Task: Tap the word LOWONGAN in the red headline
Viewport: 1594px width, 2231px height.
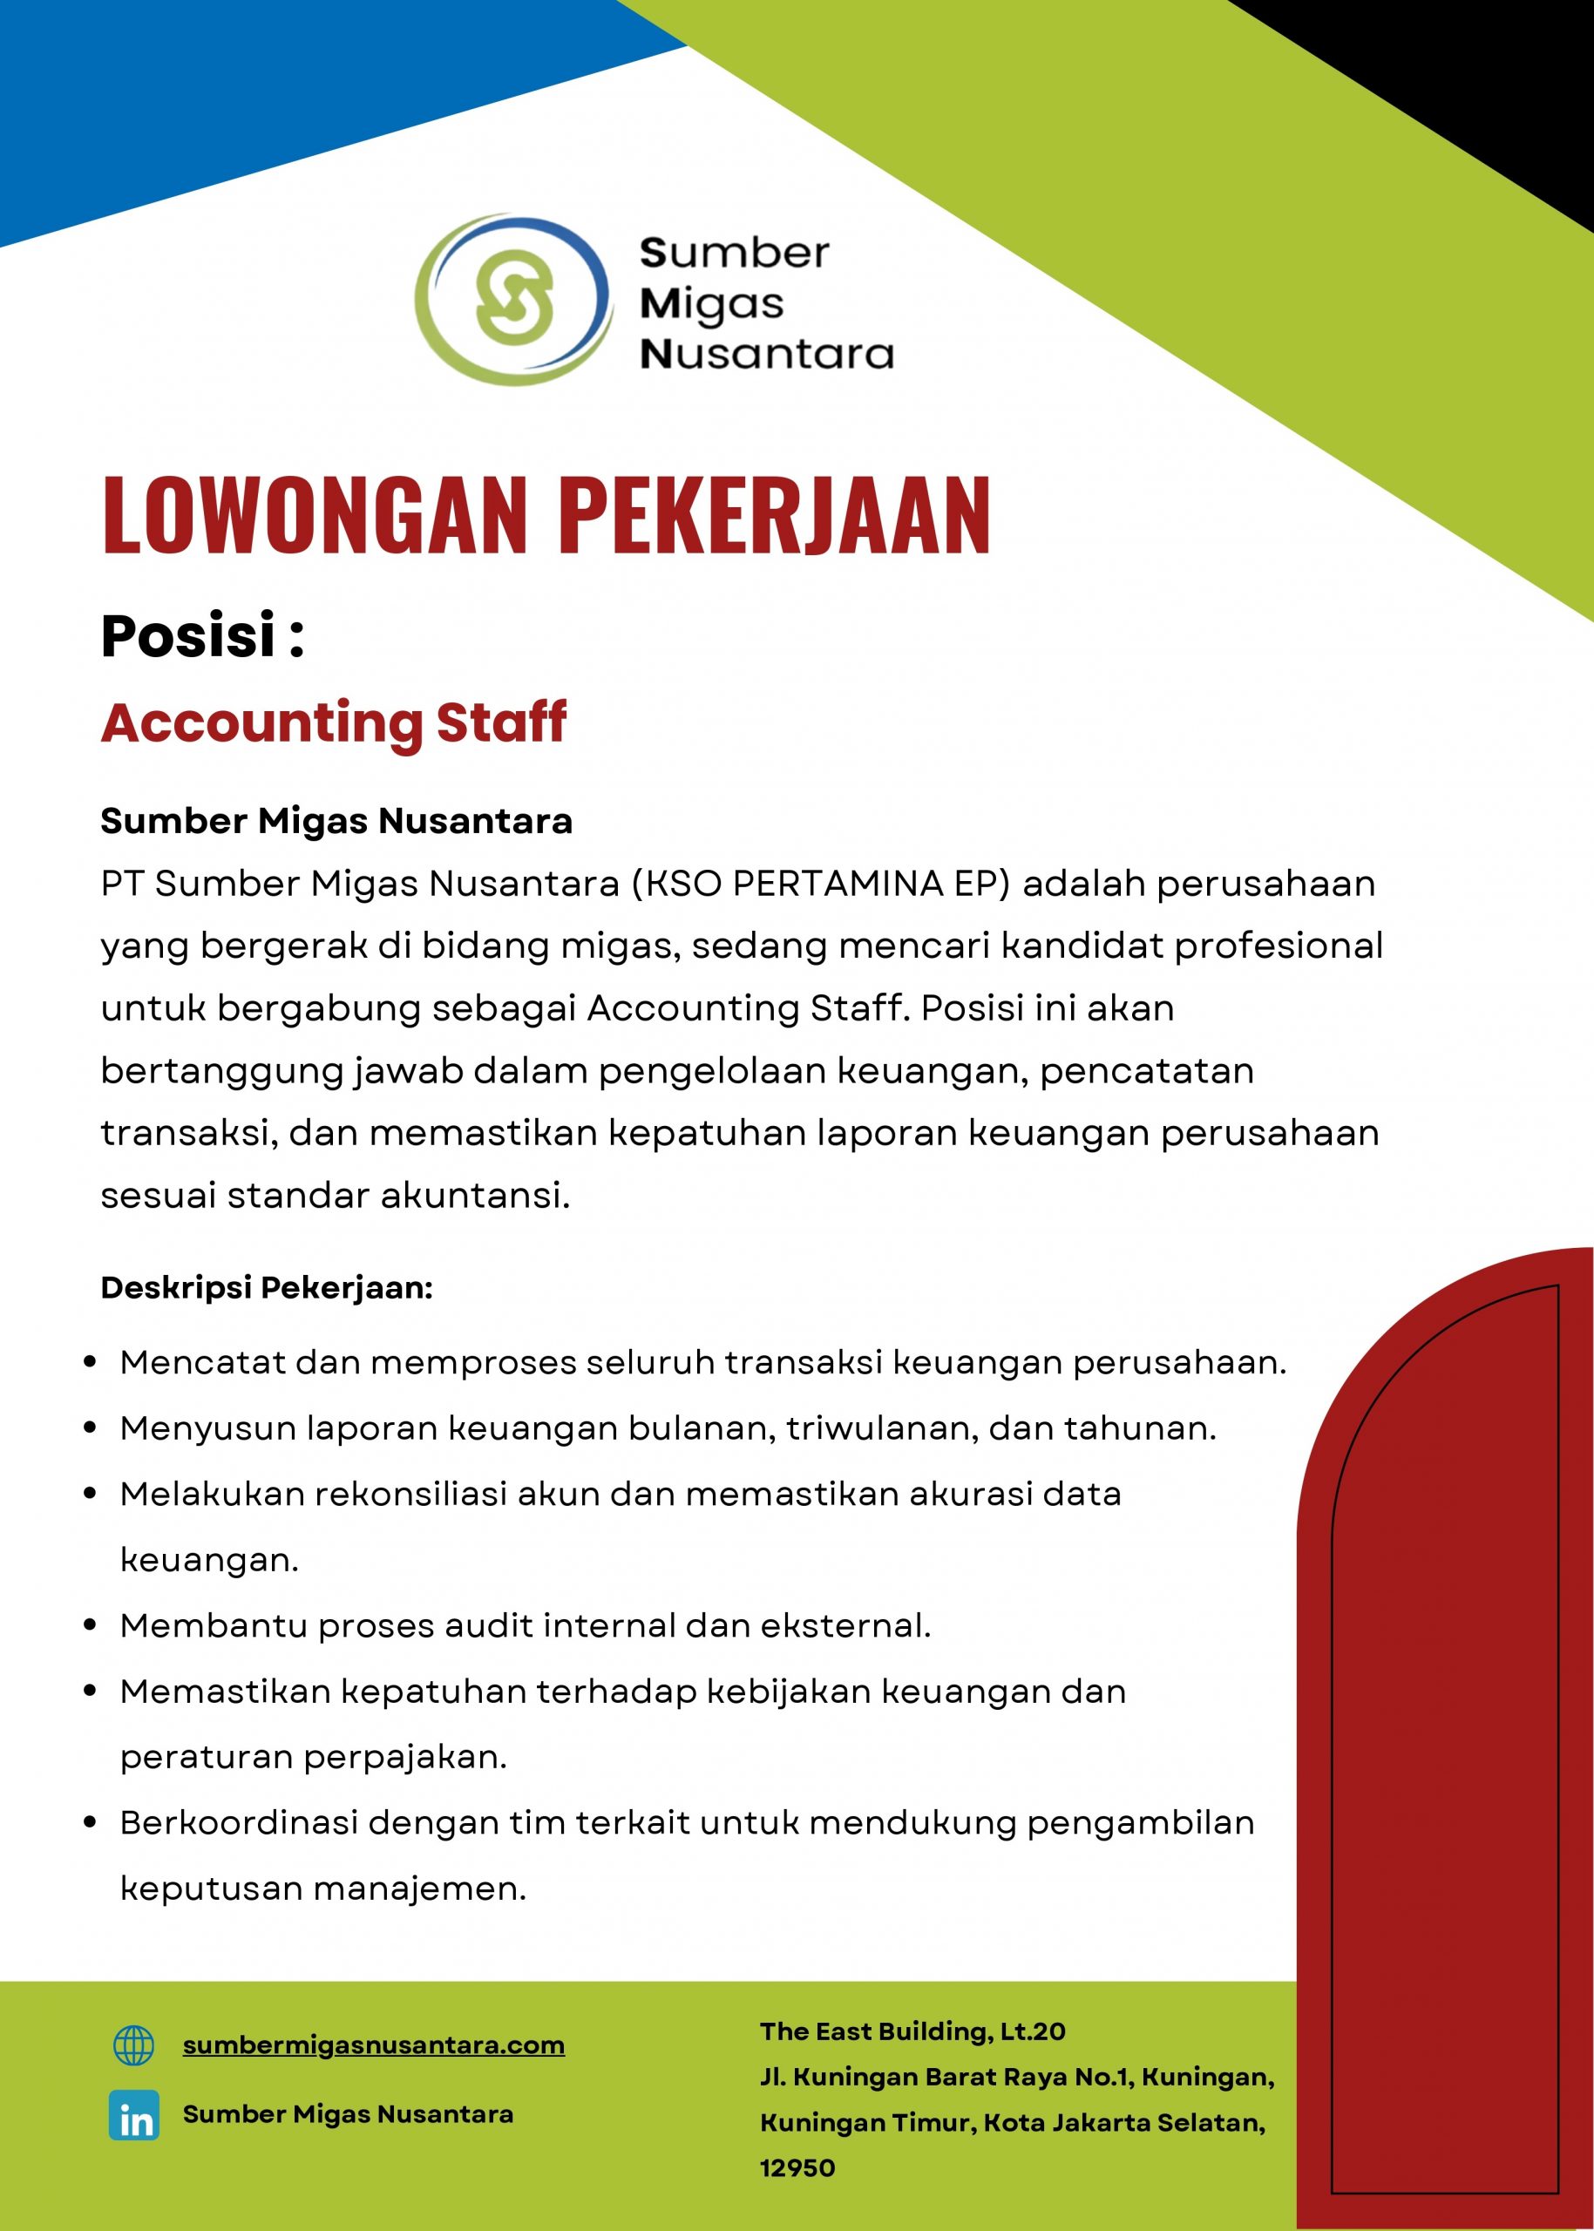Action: tap(313, 514)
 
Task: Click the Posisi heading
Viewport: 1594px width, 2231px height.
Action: tap(202, 635)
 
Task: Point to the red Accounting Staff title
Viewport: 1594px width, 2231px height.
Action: tap(334, 722)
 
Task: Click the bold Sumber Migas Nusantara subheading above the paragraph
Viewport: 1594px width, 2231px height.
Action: tap(336, 821)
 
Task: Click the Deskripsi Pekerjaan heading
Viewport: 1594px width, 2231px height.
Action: tap(266, 1287)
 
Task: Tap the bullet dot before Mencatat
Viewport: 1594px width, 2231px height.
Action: tap(91, 1362)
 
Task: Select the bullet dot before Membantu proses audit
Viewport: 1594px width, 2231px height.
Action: tap(91, 1625)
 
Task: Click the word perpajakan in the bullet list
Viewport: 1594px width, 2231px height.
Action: tap(404, 1757)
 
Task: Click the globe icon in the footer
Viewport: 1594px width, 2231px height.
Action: tap(133, 2045)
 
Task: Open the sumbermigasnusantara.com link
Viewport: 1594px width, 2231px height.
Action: tap(373, 2045)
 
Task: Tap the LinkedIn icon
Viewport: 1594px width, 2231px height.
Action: tap(133, 2114)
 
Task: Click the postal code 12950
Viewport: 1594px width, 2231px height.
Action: tap(797, 2168)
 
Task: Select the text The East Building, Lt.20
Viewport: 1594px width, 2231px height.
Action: tap(912, 2031)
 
